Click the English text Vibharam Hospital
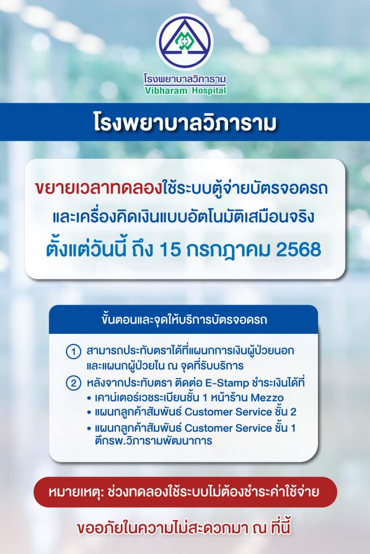click(x=185, y=90)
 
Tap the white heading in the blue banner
click(x=185, y=123)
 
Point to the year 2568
click(x=298, y=250)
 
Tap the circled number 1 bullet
click(x=74, y=352)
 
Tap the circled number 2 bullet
click(x=74, y=384)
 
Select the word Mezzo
click(x=267, y=398)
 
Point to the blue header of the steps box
click(x=184, y=319)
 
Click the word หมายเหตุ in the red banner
click(x=75, y=492)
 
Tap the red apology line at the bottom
click(x=184, y=528)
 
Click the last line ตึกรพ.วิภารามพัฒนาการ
click(x=153, y=441)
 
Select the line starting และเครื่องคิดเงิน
click(x=184, y=216)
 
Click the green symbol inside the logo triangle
click(x=184, y=42)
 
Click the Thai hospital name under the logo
click(x=185, y=78)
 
